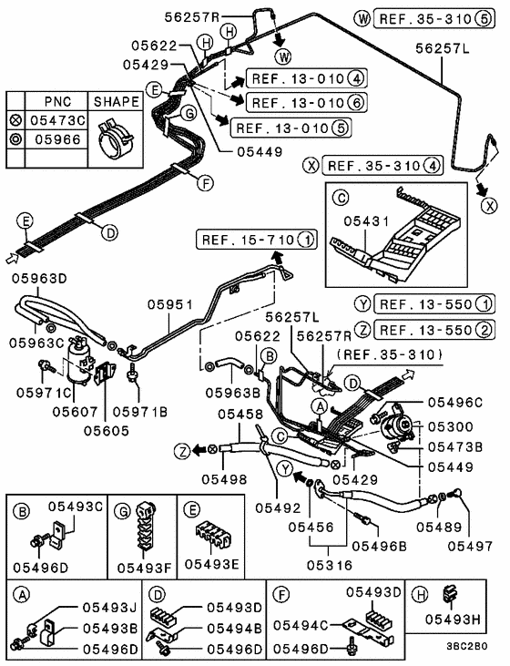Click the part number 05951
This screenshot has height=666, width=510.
(170, 307)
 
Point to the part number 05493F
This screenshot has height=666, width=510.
(140, 567)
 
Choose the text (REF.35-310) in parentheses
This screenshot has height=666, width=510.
(388, 353)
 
